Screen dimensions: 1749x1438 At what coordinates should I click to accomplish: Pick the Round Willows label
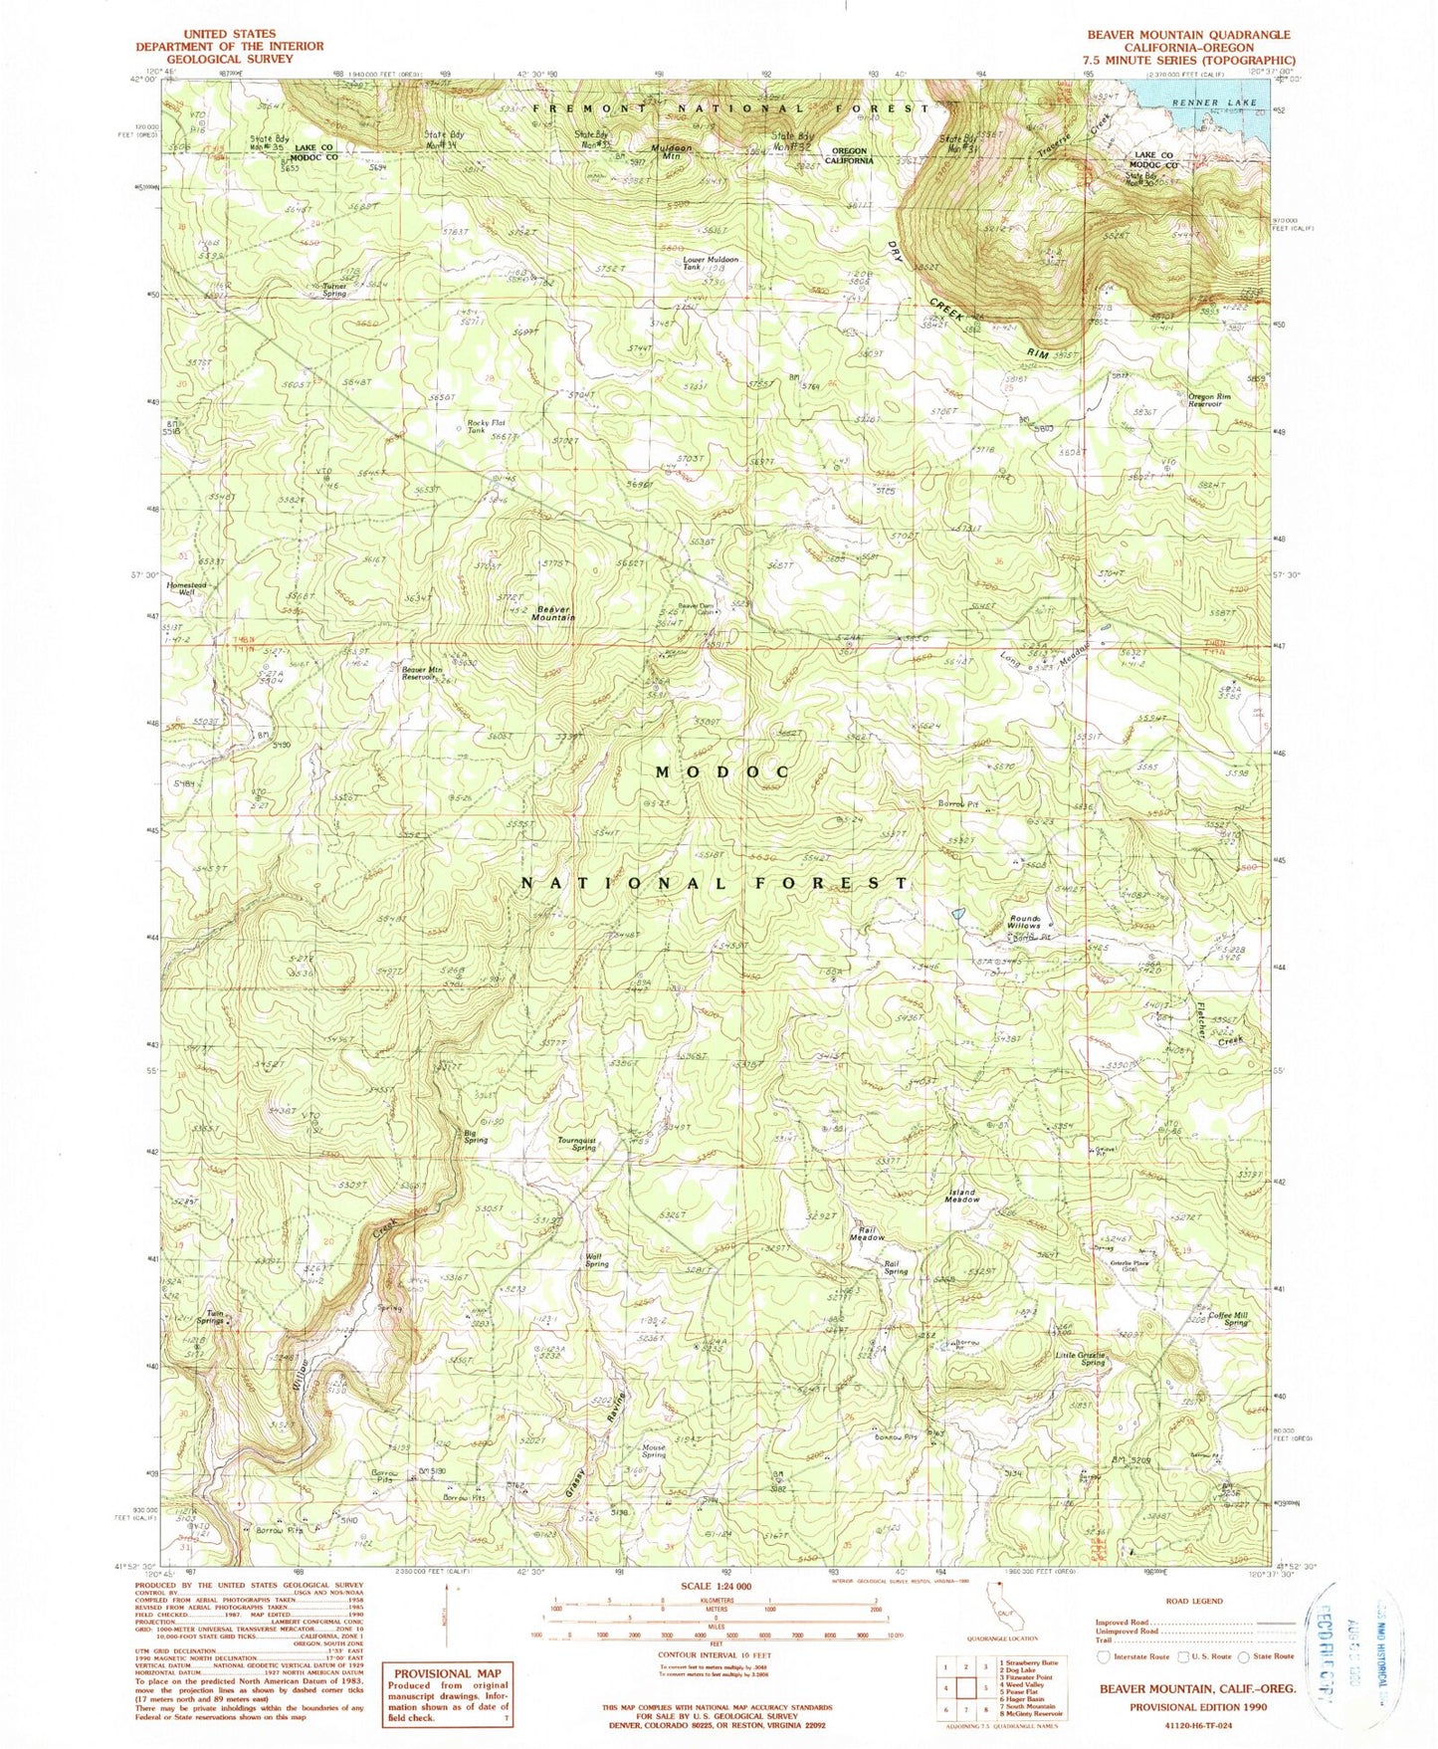(x=1024, y=921)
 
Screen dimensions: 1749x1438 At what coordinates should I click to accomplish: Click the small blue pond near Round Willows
(x=956, y=912)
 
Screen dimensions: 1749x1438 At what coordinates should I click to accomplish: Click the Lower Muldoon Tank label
(x=710, y=264)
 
